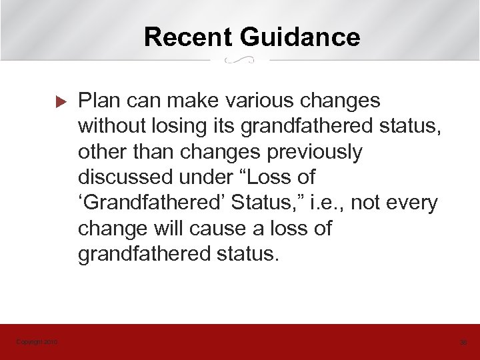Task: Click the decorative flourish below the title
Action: [x=240, y=61]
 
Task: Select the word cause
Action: [x=215, y=229]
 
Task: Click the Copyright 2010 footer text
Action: [x=37, y=343]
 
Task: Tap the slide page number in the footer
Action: [x=463, y=343]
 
